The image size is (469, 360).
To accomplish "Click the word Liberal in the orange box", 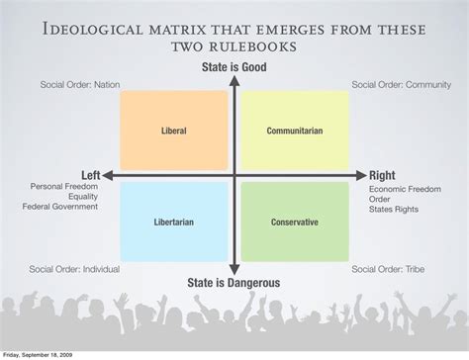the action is coord(173,131).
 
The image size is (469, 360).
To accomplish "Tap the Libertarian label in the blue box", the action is coord(173,223).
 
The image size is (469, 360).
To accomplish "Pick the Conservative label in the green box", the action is coord(295,223).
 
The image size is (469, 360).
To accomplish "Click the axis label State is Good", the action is coord(233,67).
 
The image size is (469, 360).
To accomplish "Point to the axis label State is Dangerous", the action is coord(234,282).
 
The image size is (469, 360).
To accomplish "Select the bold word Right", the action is coord(382,175).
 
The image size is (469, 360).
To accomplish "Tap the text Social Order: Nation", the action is coord(80,85).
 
